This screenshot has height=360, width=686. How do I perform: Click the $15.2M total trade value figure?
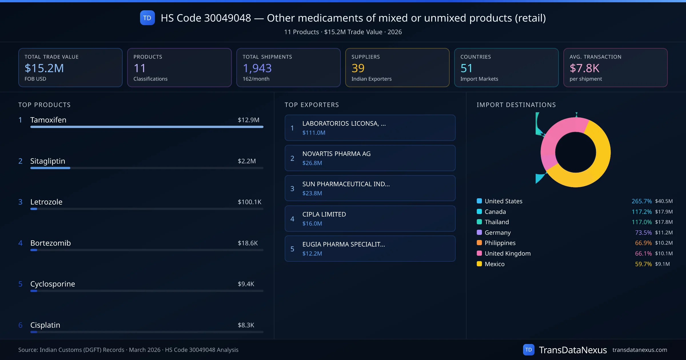pyautogui.click(x=44, y=68)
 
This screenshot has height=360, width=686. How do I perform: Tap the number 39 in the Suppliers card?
pyautogui.click(x=358, y=68)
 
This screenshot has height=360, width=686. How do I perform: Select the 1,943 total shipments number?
pyautogui.click(x=257, y=68)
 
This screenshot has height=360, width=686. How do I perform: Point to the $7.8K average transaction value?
pyautogui.click(x=584, y=68)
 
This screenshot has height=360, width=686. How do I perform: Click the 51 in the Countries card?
pyautogui.click(x=466, y=68)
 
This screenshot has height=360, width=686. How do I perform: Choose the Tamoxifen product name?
pyautogui.click(x=48, y=120)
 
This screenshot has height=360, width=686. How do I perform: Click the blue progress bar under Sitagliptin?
pyautogui.click(x=50, y=168)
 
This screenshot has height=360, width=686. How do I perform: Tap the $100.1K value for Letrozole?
pyautogui.click(x=249, y=202)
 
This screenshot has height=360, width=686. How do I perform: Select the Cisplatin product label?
pyautogui.click(x=45, y=325)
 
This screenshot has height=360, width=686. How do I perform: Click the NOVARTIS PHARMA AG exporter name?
pyautogui.click(x=336, y=154)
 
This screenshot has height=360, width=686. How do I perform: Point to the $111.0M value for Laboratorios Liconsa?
pyautogui.click(x=314, y=133)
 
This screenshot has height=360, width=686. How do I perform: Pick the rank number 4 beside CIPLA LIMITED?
pyautogui.click(x=292, y=219)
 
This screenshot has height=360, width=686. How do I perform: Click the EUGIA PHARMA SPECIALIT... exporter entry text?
pyautogui.click(x=344, y=244)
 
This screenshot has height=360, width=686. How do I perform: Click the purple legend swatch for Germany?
pyautogui.click(x=479, y=232)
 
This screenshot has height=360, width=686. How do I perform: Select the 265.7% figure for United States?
pyautogui.click(x=641, y=201)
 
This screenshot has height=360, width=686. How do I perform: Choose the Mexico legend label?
pyautogui.click(x=494, y=264)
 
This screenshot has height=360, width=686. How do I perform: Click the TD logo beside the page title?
pyautogui.click(x=147, y=18)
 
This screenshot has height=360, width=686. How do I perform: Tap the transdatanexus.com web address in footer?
pyautogui.click(x=639, y=350)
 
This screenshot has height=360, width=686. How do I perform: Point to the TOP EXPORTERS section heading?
pyautogui.click(x=312, y=105)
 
